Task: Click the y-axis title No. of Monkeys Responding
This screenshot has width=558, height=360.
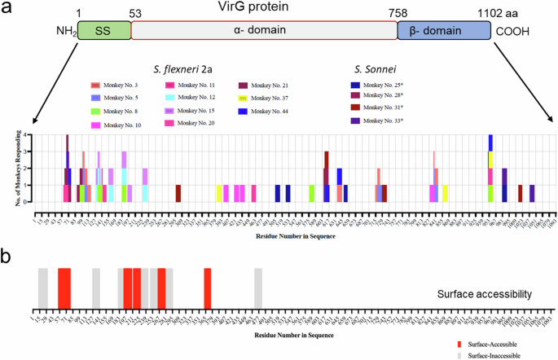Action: (18, 168)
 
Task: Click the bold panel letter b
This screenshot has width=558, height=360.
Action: (7, 256)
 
